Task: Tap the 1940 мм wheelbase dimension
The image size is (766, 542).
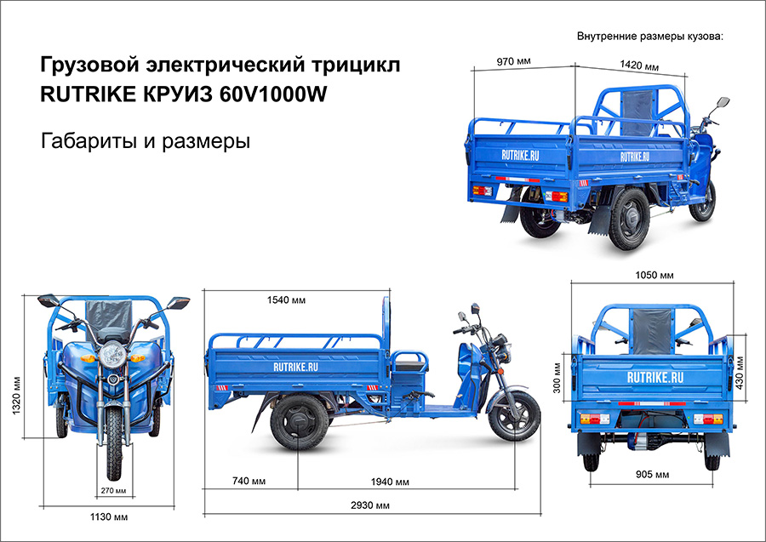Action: pyautogui.click(x=397, y=482)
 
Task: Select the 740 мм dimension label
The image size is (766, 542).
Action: pyautogui.click(x=249, y=482)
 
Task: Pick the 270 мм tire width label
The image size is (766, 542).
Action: pyautogui.click(x=114, y=490)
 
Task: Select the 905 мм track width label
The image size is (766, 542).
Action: pyautogui.click(x=653, y=474)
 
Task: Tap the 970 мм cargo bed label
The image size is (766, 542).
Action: pyautogui.click(x=513, y=60)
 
